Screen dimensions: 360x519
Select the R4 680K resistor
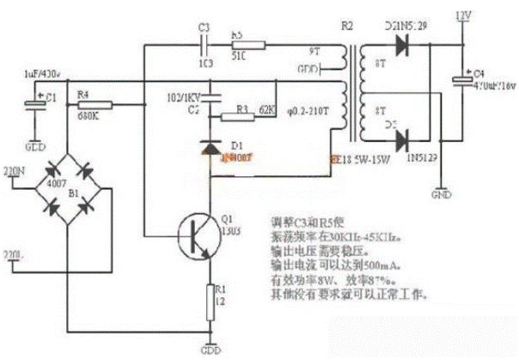86,105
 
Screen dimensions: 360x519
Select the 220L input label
15,254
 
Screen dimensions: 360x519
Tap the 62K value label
266,111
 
